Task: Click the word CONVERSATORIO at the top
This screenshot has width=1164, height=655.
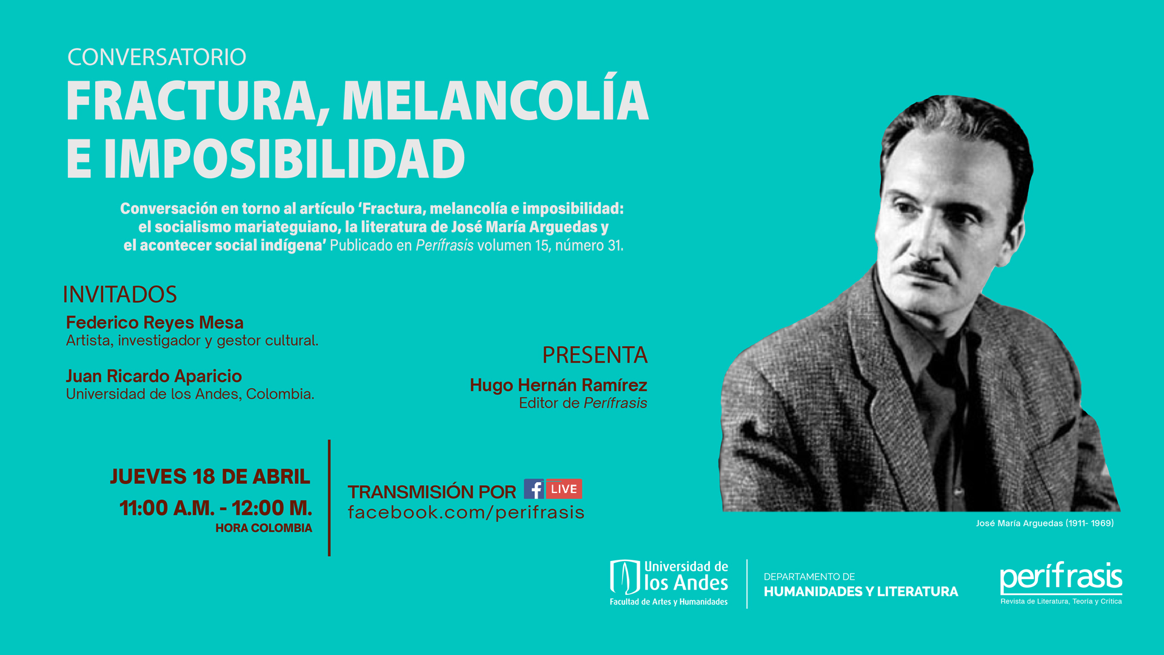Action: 156,57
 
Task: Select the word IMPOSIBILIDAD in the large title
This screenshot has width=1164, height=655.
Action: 284,159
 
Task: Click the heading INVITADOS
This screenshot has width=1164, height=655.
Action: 120,295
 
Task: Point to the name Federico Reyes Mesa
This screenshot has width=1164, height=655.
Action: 155,323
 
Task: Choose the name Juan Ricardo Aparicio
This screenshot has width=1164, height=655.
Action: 154,376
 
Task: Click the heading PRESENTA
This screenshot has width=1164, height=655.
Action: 595,355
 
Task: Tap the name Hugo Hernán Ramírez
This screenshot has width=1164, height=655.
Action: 558,385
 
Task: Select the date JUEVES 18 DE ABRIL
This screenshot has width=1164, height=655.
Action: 210,477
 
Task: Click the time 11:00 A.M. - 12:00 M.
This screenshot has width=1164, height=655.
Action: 215,508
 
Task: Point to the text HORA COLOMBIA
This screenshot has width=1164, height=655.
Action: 264,528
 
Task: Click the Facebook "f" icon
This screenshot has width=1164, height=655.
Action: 534,489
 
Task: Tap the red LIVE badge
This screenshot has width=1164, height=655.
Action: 564,489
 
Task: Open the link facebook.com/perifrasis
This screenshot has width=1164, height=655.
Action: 466,513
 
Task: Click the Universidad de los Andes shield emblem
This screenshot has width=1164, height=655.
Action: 625,577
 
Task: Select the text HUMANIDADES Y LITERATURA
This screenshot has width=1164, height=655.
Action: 861,592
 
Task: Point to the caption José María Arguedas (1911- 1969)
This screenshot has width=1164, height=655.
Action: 1045,523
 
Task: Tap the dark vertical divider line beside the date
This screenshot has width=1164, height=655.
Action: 329,498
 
